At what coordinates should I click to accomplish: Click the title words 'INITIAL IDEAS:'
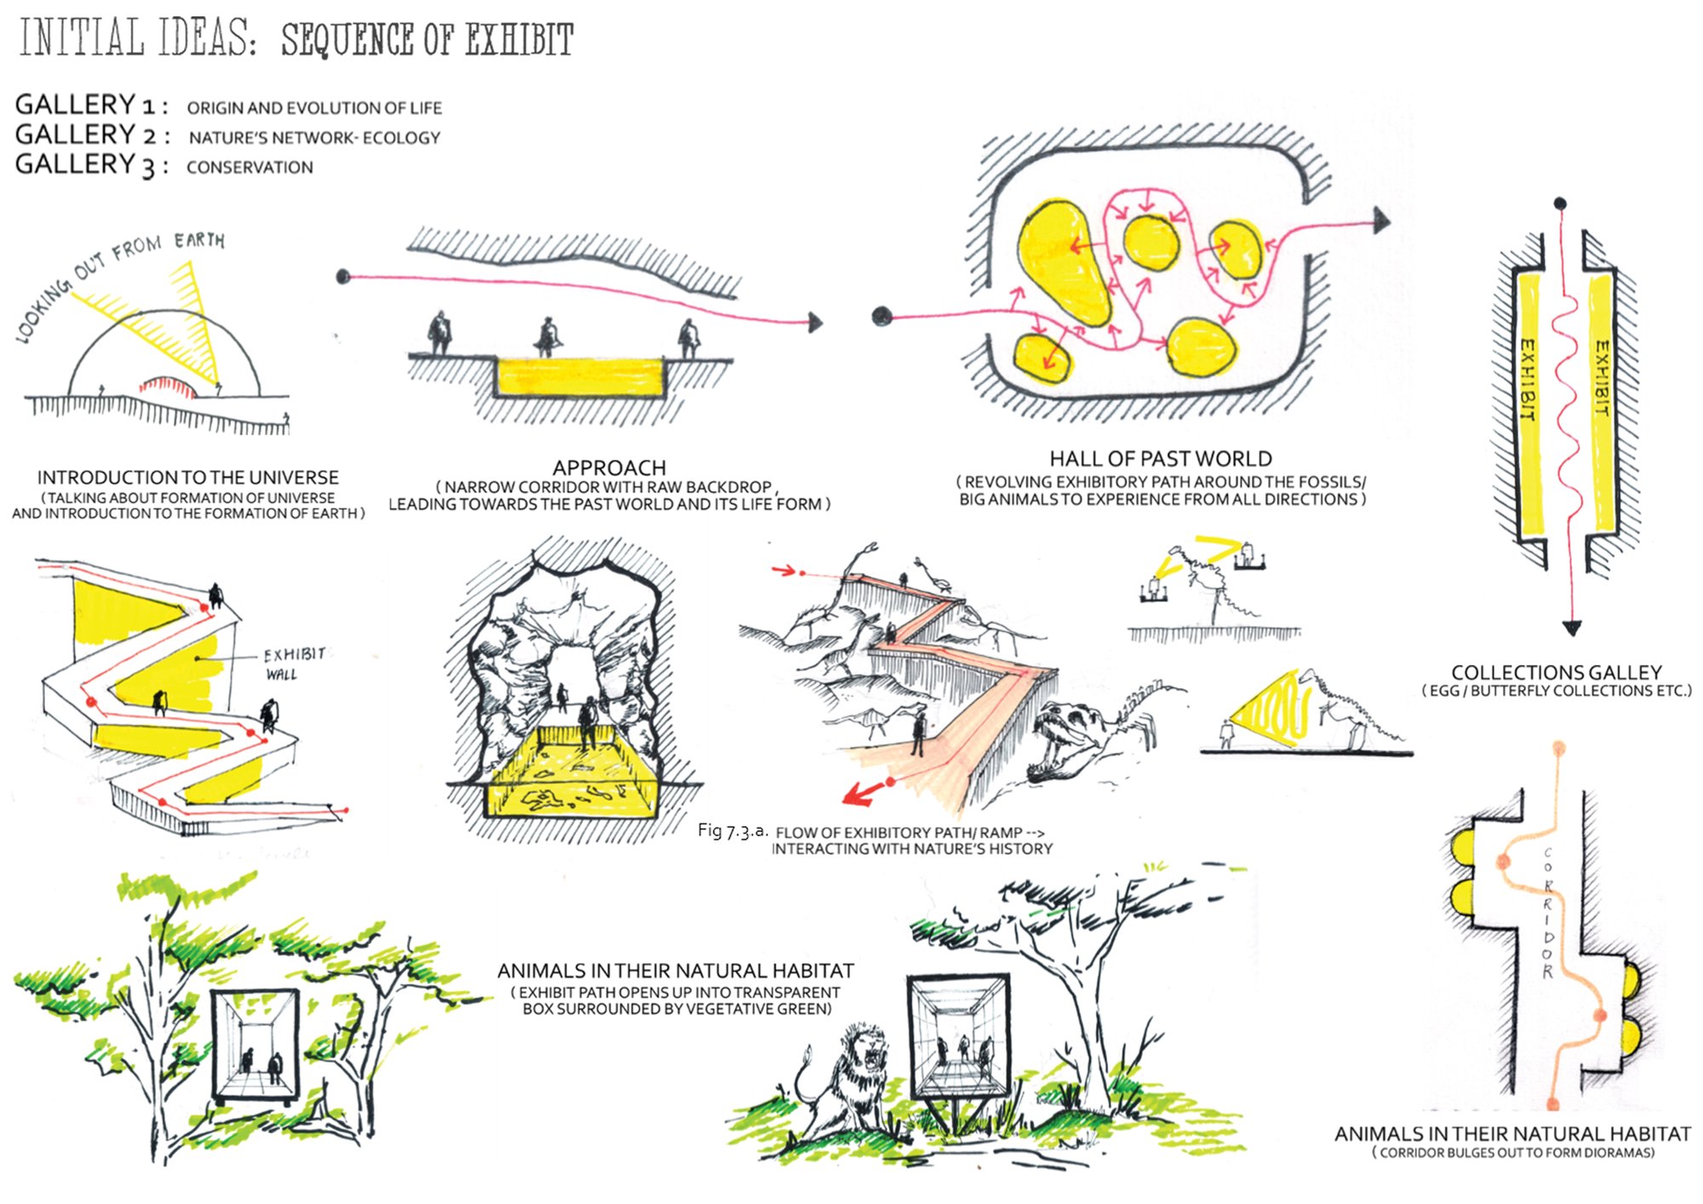tap(137, 38)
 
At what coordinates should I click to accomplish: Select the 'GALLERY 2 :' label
tap(92, 135)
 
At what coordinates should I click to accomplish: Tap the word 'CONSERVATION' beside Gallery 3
tap(249, 167)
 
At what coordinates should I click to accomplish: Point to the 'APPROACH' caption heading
tap(609, 467)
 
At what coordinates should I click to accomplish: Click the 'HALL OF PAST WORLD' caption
tap(1161, 458)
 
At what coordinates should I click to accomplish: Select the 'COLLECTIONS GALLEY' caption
tap(1557, 672)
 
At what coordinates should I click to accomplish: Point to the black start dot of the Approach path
tap(343, 276)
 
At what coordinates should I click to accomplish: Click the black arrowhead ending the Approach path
tap(816, 323)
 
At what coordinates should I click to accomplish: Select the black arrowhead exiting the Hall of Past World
tap(1381, 221)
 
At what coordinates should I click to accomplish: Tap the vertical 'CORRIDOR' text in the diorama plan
tap(1547, 912)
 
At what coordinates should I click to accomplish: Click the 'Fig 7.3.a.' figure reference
tap(732, 830)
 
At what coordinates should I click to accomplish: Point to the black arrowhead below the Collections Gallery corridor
tap(1572, 628)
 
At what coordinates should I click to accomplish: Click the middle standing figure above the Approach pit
tap(548, 337)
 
